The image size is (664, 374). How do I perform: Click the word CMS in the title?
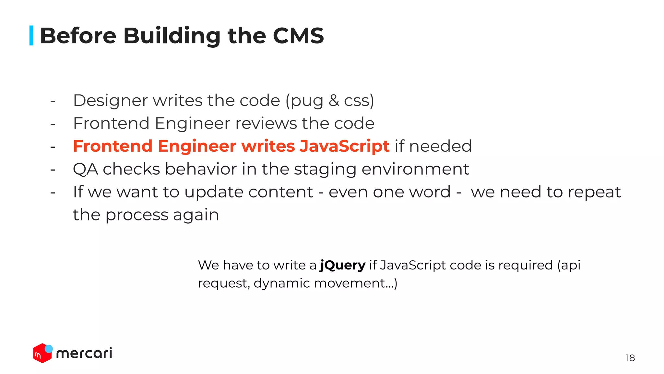pyautogui.click(x=298, y=35)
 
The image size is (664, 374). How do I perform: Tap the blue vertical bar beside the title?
pyautogui.click(x=31, y=35)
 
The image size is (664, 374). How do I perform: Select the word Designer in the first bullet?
pyautogui.click(x=110, y=100)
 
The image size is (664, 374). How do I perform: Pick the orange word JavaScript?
pyautogui.click(x=344, y=146)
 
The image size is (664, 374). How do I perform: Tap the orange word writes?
pyautogui.click(x=268, y=146)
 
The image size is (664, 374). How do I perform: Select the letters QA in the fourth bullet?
pyautogui.click(x=85, y=169)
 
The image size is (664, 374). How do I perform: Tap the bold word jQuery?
pyautogui.click(x=342, y=266)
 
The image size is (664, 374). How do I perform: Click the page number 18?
pyautogui.click(x=630, y=358)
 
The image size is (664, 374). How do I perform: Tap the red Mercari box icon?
pyautogui.click(x=41, y=354)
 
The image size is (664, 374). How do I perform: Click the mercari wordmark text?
pyautogui.click(x=84, y=353)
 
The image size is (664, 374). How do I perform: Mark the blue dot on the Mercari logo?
pyautogui.click(x=49, y=349)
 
